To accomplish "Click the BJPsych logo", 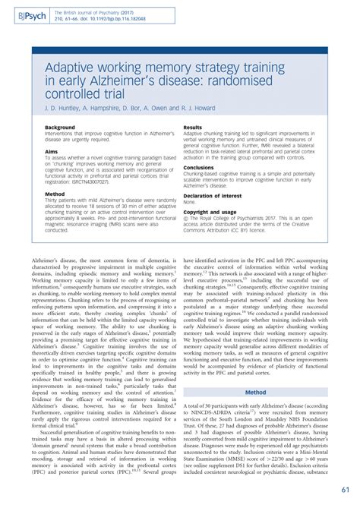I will point(22,14).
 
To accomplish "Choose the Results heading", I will point(193,128).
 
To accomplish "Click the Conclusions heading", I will point(199,167).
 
